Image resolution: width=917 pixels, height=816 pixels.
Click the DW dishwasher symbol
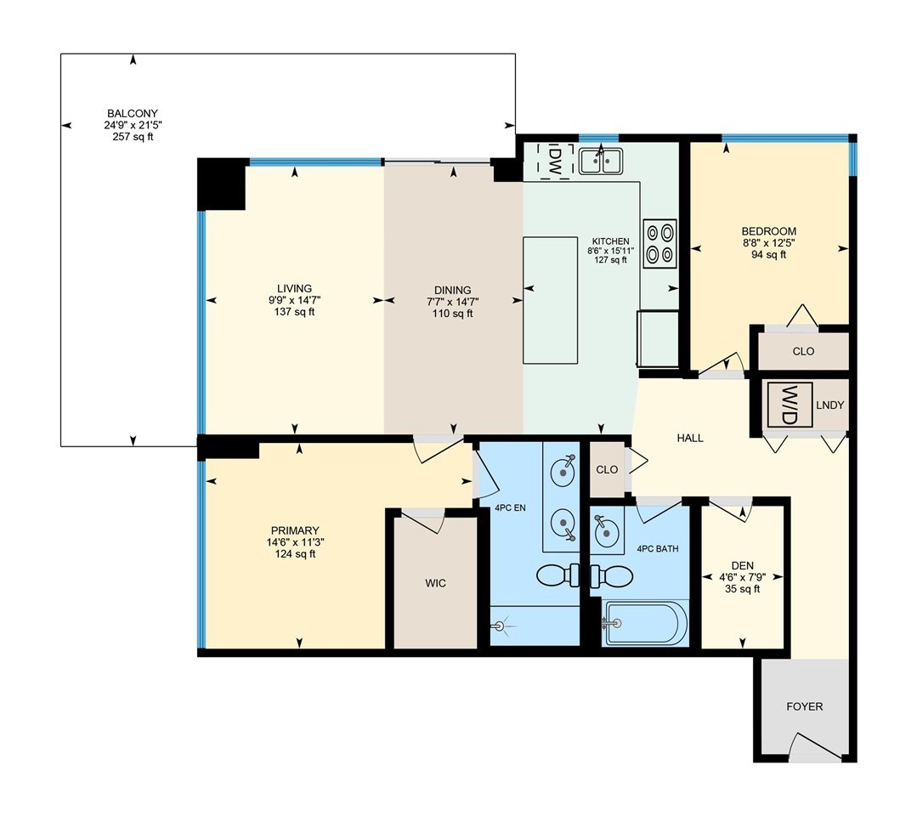tap(556, 160)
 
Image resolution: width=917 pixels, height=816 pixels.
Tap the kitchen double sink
tap(601, 161)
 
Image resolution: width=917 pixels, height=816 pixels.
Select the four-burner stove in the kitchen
tap(659, 243)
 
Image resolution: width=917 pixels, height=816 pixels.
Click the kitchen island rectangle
tap(551, 300)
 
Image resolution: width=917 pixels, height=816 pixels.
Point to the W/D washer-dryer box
tap(790, 405)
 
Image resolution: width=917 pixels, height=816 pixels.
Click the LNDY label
tap(829, 405)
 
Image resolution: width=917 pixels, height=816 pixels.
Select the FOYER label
tap(804, 706)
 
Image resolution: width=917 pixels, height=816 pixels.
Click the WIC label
tap(436, 583)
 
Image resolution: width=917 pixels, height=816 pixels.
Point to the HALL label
tap(690, 438)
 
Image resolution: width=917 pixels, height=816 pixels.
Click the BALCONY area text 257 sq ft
tap(133, 138)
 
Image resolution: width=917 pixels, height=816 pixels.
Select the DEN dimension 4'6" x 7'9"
tap(743, 577)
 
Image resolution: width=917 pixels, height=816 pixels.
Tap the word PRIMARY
tap(295, 531)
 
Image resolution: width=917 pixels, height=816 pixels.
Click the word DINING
tap(453, 290)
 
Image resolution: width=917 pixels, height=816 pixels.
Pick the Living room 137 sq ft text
tap(295, 312)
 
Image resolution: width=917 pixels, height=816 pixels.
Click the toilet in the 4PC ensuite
tap(558, 575)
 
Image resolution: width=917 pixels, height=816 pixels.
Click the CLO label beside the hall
tap(607, 470)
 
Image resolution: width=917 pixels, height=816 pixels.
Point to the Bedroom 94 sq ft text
tap(768, 255)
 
